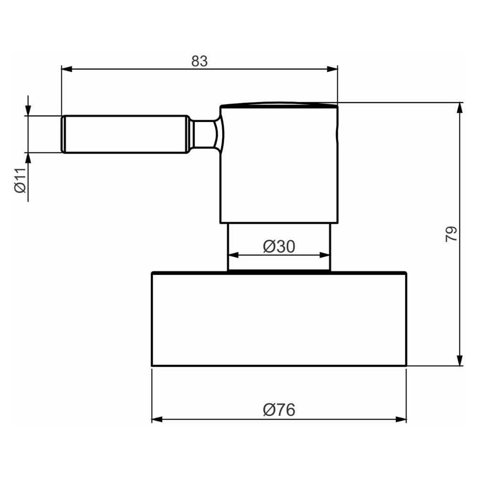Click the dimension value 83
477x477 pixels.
199,61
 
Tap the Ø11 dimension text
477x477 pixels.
21,180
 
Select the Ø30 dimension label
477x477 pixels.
279,247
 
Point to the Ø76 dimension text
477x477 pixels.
279,410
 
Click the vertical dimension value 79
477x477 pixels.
451,234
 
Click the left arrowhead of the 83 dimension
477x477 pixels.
67,69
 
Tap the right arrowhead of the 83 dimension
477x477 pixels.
332,69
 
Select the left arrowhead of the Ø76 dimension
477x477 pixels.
157,419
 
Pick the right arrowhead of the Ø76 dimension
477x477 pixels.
401,419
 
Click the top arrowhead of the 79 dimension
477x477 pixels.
460,108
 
